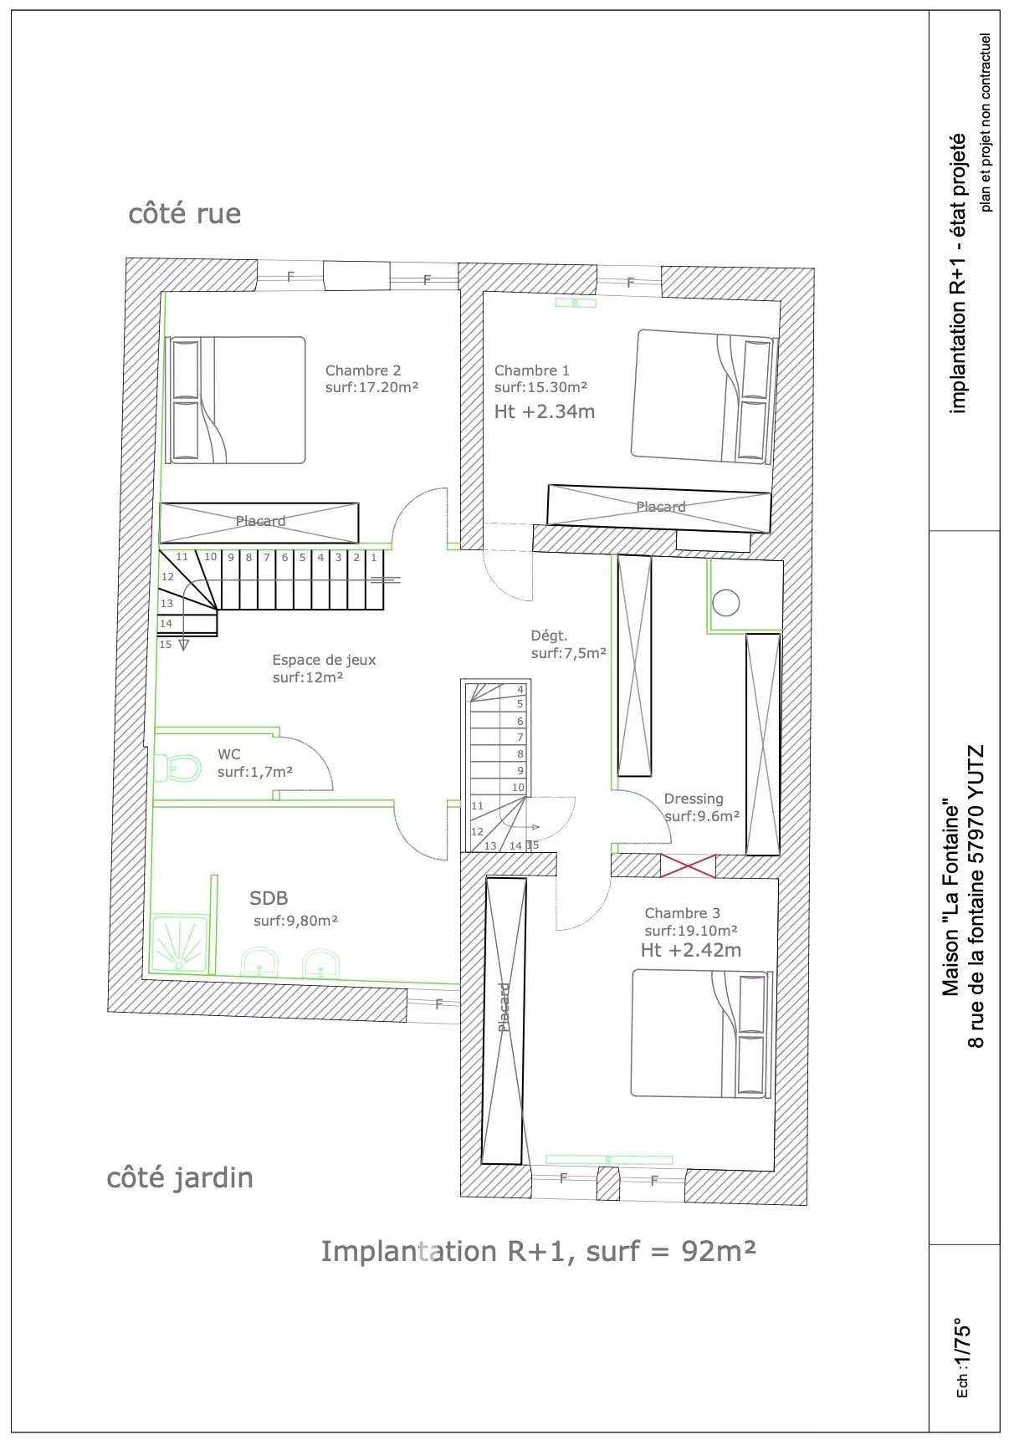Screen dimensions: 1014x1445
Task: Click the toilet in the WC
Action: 178,766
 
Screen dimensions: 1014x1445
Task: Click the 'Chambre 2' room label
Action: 363,370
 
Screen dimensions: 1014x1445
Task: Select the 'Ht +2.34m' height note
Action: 545,411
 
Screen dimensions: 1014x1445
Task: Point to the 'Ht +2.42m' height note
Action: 691,950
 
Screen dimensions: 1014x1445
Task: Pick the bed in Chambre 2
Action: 238,401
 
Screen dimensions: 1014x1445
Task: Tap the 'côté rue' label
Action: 185,213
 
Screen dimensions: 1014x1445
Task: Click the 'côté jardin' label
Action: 180,1177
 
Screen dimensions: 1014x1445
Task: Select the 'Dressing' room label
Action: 694,799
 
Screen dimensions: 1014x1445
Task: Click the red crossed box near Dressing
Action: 688,865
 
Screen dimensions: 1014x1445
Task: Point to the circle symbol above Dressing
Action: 725,603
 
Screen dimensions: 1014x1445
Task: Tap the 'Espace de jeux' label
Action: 325,660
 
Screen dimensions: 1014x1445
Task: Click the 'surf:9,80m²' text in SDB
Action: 296,921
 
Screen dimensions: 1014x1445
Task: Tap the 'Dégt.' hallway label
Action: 549,636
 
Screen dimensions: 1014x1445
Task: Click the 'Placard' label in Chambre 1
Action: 661,507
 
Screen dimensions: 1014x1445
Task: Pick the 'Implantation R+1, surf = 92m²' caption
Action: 539,1251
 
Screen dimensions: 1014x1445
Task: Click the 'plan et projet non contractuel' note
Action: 986,122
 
